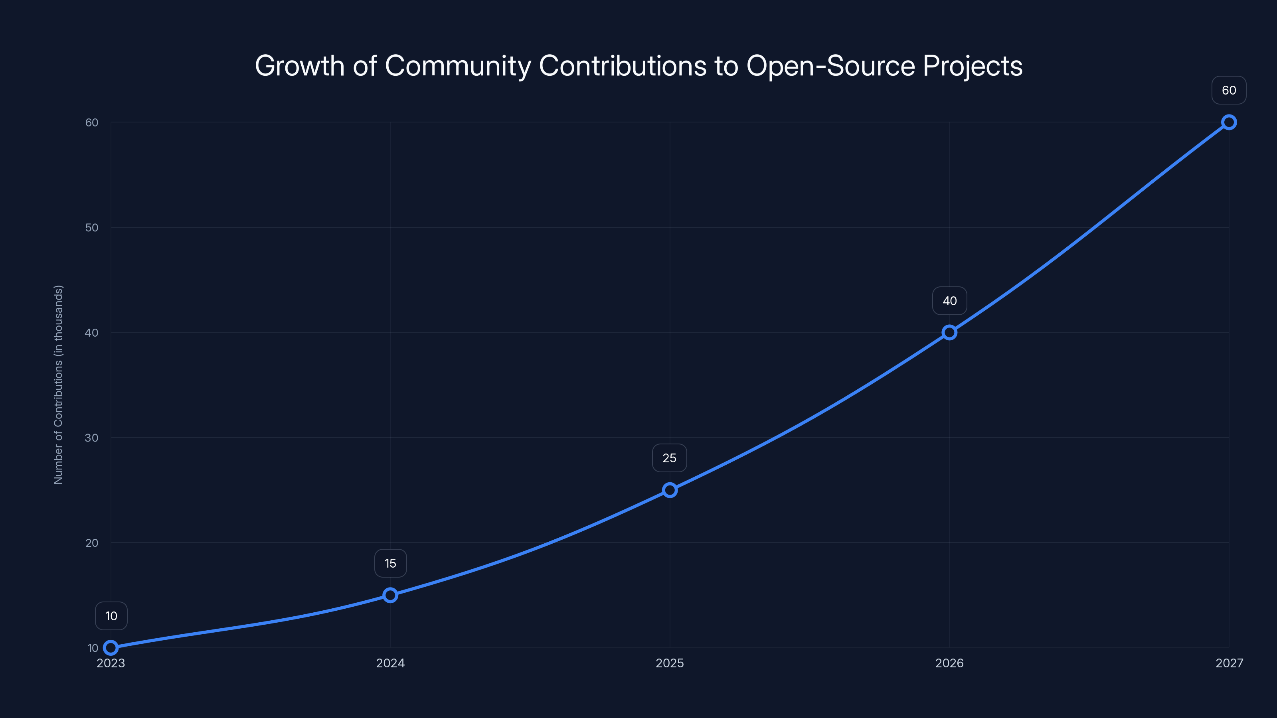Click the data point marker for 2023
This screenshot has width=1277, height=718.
111,648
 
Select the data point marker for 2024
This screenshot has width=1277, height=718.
390,595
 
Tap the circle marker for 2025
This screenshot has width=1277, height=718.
670,490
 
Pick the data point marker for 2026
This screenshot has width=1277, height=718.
949,333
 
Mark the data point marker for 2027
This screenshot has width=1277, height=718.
1229,122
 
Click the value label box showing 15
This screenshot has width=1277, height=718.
390,563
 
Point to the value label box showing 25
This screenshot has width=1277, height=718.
669,458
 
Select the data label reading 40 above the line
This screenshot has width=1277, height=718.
949,301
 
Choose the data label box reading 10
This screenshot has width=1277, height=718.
111,616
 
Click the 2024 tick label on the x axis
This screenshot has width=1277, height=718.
390,663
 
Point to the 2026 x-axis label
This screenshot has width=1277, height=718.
949,663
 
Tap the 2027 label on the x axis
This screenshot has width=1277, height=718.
1229,663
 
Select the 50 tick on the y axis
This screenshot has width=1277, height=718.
92,227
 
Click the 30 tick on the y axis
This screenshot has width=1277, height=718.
92,438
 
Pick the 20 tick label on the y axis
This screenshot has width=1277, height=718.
92,542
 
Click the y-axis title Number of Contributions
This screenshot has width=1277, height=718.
59,385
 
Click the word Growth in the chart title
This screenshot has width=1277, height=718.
299,65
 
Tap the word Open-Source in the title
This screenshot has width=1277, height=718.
830,65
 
